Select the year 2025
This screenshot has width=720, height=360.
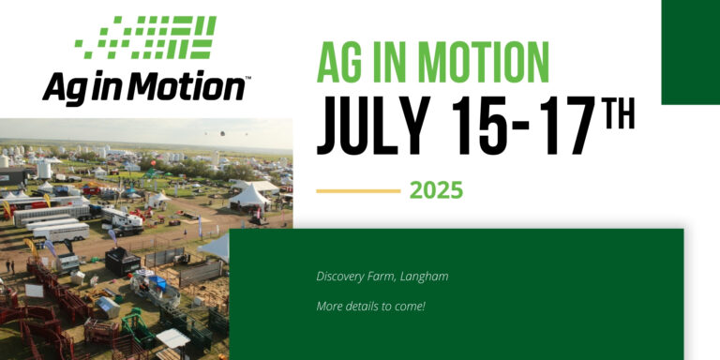click(x=436, y=190)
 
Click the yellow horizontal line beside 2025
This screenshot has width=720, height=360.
click(x=358, y=190)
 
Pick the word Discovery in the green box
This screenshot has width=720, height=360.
click(x=343, y=277)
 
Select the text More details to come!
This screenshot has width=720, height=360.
click(x=370, y=307)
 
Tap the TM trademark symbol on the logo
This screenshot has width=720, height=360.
click(x=246, y=79)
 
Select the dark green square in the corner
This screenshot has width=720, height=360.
click(x=690, y=52)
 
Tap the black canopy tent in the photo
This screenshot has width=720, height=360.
click(x=122, y=260)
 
